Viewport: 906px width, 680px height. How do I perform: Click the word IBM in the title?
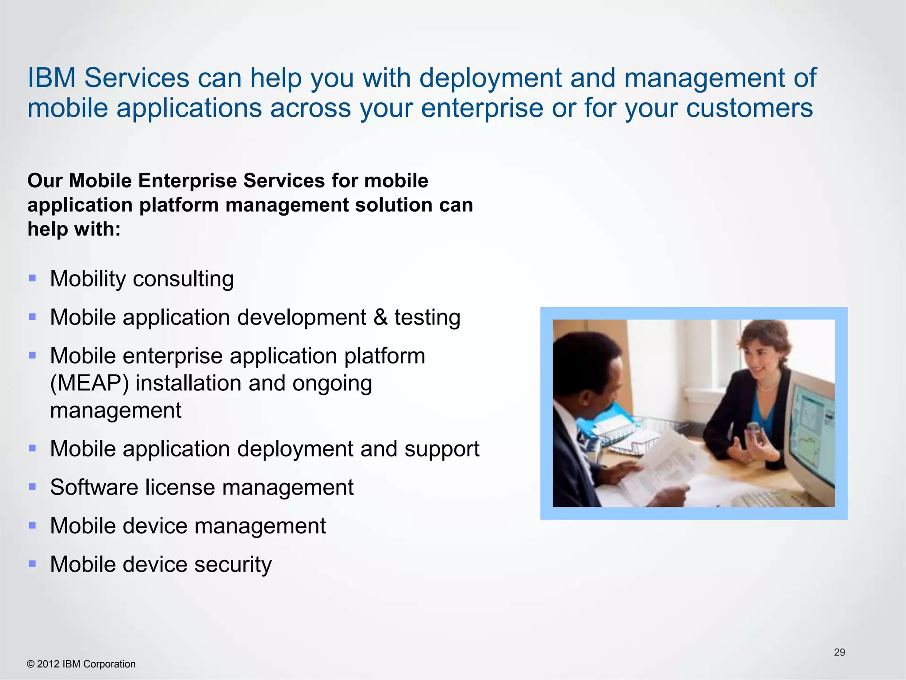coord(51,78)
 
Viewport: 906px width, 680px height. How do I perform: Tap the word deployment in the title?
coord(490,79)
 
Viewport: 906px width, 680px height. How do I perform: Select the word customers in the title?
coord(749,108)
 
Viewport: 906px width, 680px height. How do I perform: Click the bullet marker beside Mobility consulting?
coord(32,278)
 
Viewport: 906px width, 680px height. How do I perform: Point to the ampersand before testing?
coord(380,317)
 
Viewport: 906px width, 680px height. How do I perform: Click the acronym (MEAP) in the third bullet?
coord(89,383)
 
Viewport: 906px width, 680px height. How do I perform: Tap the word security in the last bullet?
coord(233,565)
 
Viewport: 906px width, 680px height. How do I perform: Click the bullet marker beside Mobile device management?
coord(32,525)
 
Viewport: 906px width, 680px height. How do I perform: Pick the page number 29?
coord(839,652)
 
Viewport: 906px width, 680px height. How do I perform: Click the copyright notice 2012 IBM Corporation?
coord(81,664)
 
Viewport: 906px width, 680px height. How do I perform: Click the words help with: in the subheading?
coord(74,229)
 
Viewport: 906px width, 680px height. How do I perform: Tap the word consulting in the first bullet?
coord(183,279)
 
